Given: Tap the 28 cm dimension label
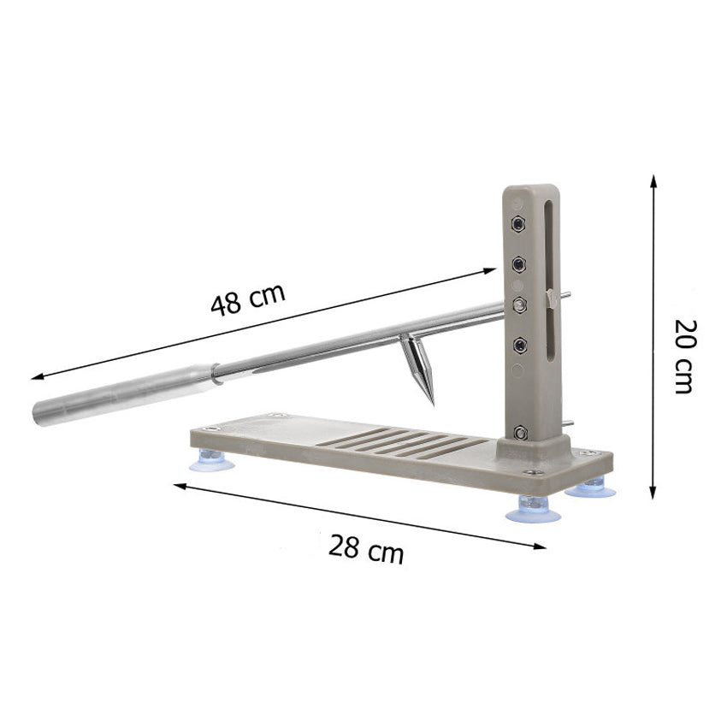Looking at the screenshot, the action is click(x=366, y=549).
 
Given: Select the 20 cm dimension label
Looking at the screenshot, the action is click(x=685, y=356).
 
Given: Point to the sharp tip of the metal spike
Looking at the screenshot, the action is click(x=433, y=405).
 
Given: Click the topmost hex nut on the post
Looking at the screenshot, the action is click(x=518, y=224).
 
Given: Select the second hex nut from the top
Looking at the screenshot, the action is click(x=518, y=265).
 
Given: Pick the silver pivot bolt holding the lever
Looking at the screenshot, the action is click(x=519, y=305).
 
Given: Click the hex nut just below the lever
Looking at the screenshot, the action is click(x=519, y=345).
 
